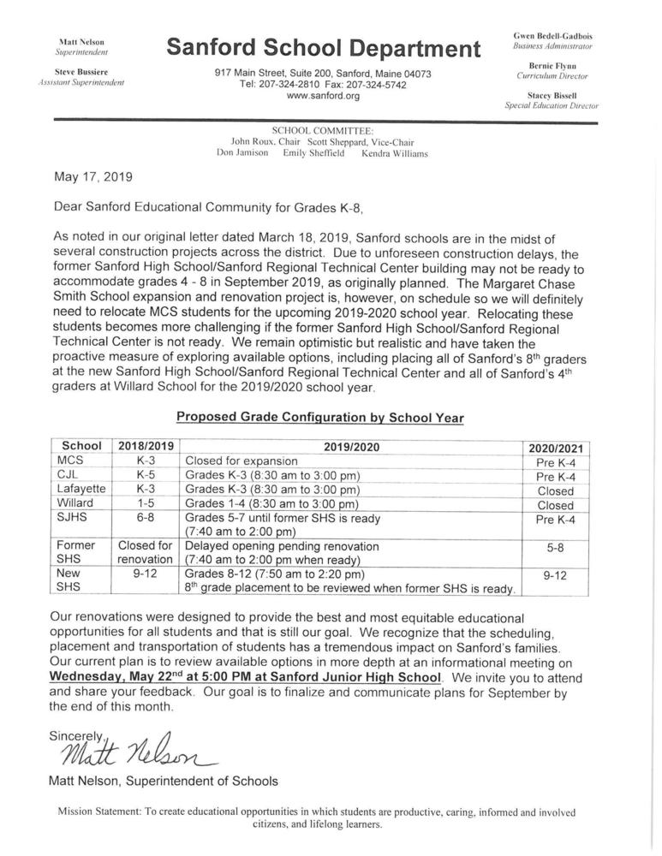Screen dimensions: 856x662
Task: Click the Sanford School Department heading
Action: click(323, 48)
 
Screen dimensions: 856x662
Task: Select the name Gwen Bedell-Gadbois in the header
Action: click(552, 36)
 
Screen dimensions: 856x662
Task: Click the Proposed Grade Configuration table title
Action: click(319, 418)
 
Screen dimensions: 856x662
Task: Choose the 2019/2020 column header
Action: click(351, 446)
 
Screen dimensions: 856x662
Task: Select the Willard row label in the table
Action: click(75, 503)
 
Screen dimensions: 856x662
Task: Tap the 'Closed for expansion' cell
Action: click(241, 461)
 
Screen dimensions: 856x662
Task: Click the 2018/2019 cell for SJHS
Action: click(146, 517)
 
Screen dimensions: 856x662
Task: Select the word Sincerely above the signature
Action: click(77, 734)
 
